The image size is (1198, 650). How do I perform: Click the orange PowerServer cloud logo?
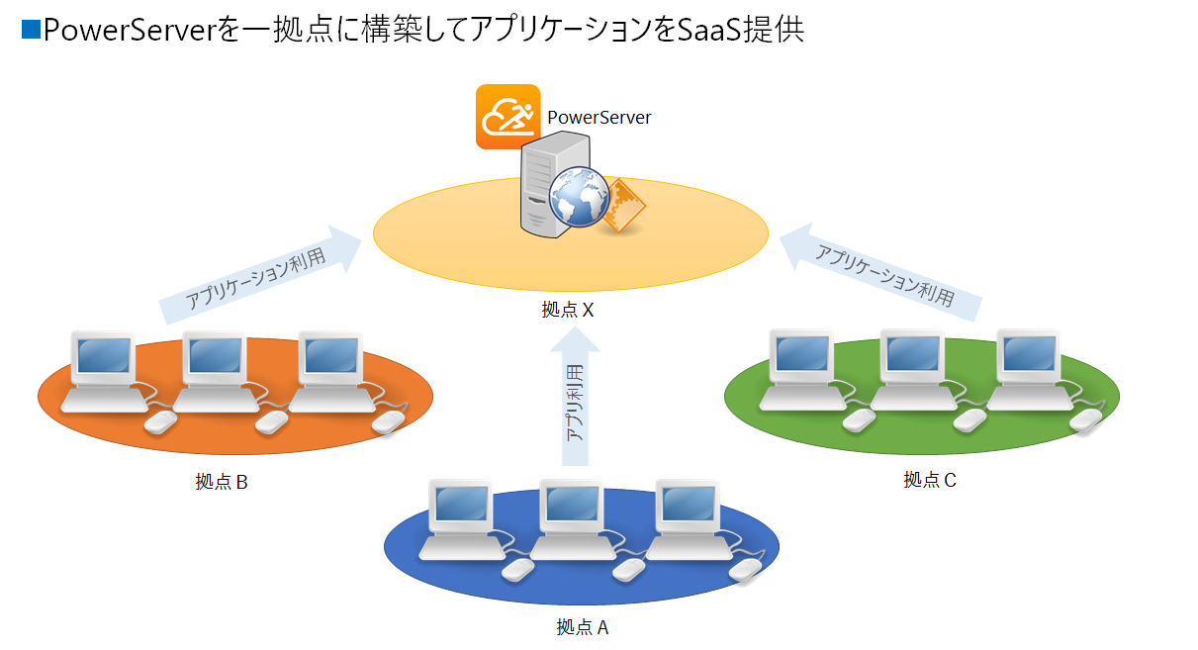(507, 117)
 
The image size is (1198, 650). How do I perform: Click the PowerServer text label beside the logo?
(599, 118)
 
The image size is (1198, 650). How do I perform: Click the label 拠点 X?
(567, 310)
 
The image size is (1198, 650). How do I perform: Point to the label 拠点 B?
(221, 482)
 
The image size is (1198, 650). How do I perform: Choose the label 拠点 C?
(930, 480)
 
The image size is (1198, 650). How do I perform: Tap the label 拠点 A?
(583, 626)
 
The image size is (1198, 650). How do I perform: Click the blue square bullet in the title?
(31, 31)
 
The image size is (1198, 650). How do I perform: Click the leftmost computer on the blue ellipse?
(458, 519)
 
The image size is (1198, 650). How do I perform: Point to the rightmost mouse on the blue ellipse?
(745, 569)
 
